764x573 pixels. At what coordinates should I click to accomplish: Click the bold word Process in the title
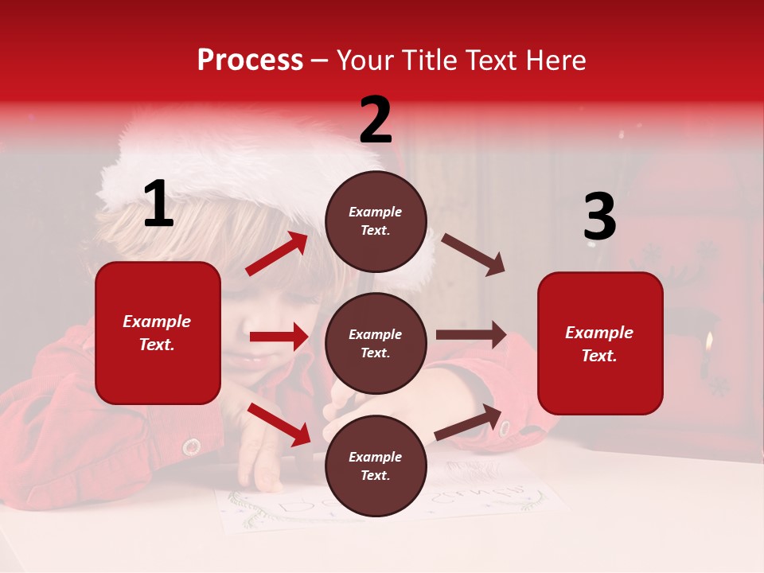[x=250, y=60]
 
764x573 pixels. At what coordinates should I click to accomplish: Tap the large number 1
[x=158, y=205]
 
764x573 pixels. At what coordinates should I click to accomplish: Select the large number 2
[x=376, y=120]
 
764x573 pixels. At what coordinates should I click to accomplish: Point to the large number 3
[x=599, y=217]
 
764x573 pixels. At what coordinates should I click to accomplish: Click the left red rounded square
[x=158, y=333]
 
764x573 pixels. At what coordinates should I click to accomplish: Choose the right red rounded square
[x=600, y=343]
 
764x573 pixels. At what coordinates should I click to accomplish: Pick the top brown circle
[x=376, y=221]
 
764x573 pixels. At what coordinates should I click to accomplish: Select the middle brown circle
[x=376, y=343]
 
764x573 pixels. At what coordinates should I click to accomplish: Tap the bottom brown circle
[x=376, y=466]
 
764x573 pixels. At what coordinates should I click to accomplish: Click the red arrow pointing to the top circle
[x=277, y=254]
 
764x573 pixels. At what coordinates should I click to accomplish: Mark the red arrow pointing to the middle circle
[x=279, y=337]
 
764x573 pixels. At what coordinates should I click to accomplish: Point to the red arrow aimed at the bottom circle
[x=279, y=424]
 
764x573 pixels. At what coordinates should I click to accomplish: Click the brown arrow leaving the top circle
[x=474, y=254]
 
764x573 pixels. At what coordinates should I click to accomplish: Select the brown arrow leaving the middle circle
[x=471, y=335]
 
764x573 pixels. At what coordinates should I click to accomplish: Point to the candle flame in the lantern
[x=708, y=343]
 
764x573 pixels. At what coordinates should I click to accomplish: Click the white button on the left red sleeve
[x=191, y=446]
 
